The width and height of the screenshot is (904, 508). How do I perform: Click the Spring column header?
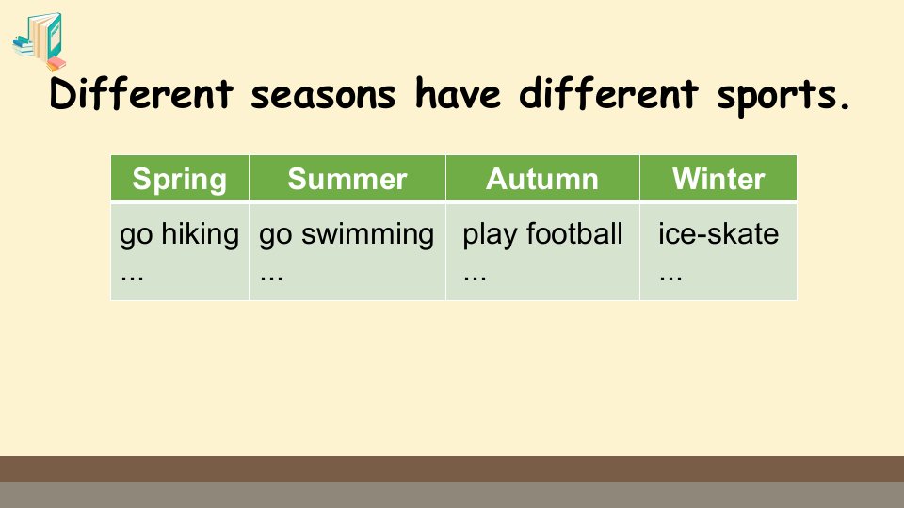click(x=179, y=179)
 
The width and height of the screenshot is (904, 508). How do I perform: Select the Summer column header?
click(x=347, y=179)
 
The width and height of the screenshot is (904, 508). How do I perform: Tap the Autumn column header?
click(x=542, y=179)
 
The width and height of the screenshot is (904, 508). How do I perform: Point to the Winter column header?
click(x=718, y=179)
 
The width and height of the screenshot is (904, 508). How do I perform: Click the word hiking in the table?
click(x=200, y=234)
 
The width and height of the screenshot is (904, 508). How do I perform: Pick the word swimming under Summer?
click(x=367, y=234)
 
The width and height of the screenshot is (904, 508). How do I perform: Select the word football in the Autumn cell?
click(x=574, y=234)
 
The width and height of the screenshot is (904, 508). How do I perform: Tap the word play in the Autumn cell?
click(x=490, y=235)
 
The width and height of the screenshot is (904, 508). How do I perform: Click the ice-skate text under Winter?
click(x=718, y=234)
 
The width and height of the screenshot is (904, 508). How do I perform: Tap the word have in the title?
click(x=458, y=93)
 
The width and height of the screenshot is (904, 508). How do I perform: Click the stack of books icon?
click(x=40, y=41)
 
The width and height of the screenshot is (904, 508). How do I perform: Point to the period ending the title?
click(x=846, y=105)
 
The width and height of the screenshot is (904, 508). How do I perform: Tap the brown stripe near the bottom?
click(x=452, y=468)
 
